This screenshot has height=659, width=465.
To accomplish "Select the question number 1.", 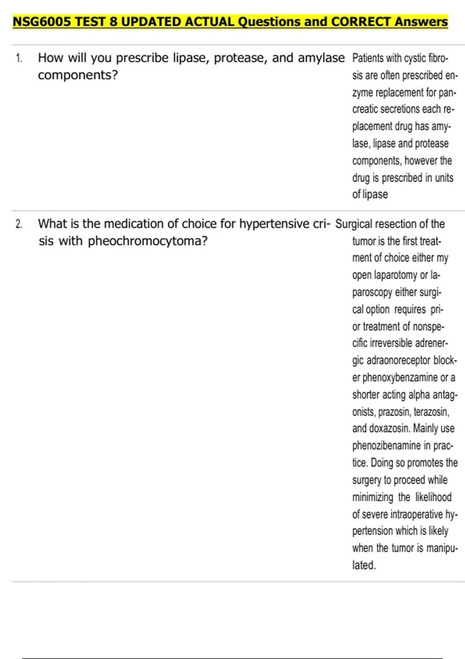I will (x=19, y=59).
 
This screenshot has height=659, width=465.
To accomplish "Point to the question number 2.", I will (x=19, y=224).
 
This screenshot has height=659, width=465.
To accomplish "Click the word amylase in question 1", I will (x=321, y=58).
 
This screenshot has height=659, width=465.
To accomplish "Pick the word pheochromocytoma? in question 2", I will (x=148, y=241).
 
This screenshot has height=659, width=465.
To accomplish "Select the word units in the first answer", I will (x=444, y=178).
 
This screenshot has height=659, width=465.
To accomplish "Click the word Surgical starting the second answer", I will (x=353, y=224).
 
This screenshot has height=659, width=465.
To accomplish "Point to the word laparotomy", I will (x=393, y=275).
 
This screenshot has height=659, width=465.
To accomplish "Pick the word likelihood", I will (x=433, y=497).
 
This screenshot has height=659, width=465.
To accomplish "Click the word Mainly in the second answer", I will (x=425, y=428).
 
